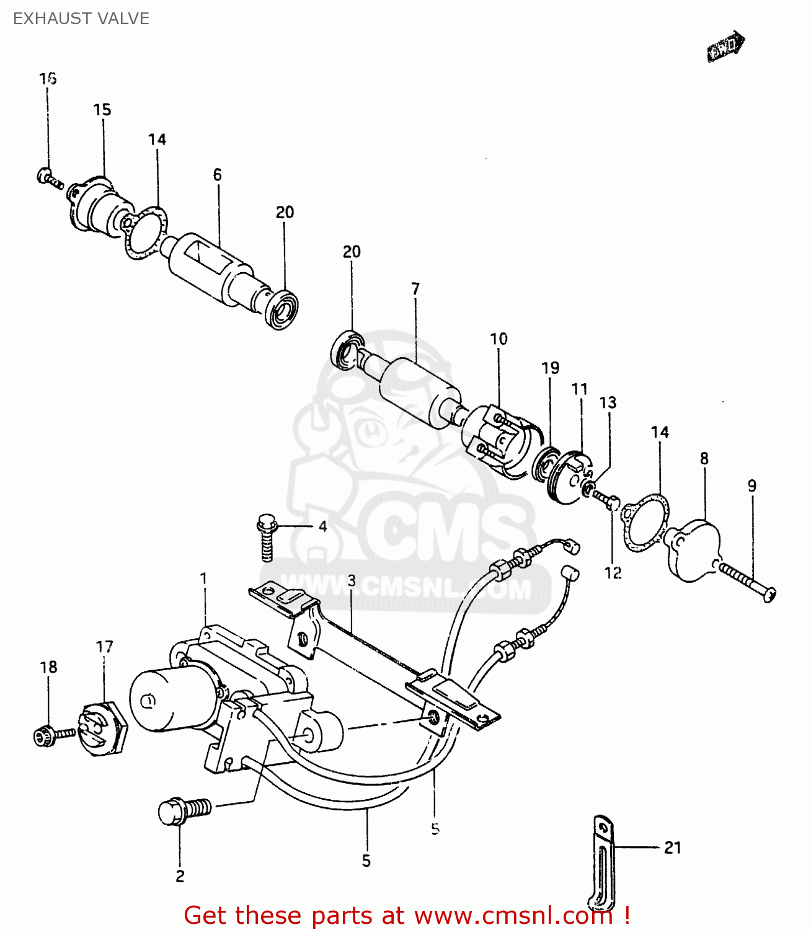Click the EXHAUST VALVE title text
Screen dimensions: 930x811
[81, 19]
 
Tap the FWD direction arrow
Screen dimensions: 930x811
[725, 46]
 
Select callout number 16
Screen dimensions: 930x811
[48, 79]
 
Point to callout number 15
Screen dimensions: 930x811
[102, 110]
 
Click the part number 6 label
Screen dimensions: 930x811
[217, 175]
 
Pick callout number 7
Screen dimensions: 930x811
[415, 289]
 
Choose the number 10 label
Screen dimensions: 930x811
[499, 339]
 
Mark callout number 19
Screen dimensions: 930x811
[550, 368]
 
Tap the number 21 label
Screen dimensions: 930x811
[673, 848]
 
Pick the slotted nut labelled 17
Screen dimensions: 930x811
[102, 728]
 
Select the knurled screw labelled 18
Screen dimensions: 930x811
[50, 735]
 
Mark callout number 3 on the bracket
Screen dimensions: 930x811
[352, 581]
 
